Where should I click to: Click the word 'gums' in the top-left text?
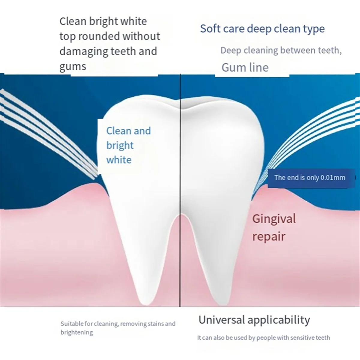tap(73, 67)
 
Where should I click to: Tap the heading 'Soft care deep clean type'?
tap(262, 29)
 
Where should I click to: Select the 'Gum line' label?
tap(245, 67)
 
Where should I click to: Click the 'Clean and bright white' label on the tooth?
tap(128, 145)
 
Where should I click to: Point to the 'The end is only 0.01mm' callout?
tap(310, 178)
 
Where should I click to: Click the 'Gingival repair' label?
tap(274, 227)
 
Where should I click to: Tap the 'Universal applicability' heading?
tap(254, 320)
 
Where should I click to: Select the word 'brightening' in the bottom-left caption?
tap(76, 332)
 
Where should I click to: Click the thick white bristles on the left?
tap(48, 132)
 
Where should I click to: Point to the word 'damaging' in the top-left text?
tap(83, 52)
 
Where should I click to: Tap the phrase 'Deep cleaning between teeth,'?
tap(281, 50)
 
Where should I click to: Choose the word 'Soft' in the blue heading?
tap(210, 29)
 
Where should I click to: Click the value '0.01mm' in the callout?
tap(333, 178)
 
